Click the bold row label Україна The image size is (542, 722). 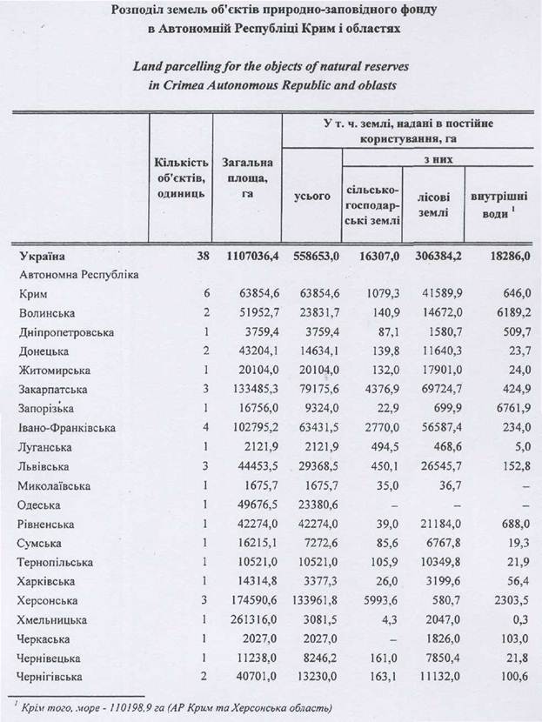click(x=43, y=257)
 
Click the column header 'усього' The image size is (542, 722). click(x=313, y=197)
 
